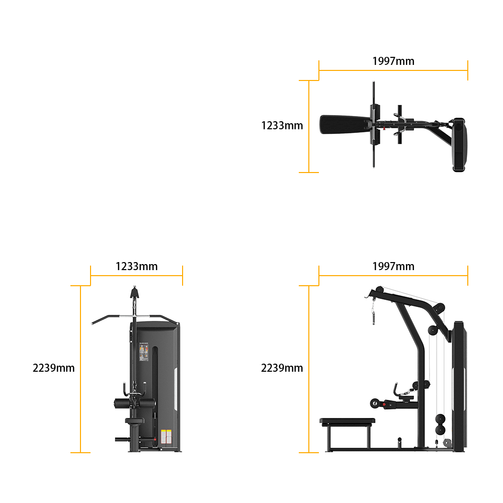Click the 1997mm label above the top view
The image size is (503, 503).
(x=393, y=61)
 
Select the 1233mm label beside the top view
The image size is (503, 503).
(x=282, y=125)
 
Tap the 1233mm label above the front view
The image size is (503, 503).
(x=137, y=266)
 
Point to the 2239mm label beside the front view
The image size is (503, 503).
(x=54, y=368)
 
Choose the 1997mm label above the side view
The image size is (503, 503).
(x=393, y=266)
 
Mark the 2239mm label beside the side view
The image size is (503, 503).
(x=282, y=368)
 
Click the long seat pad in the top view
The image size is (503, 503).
(x=345, y=124)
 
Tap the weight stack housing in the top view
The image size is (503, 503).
(x=459, y=145)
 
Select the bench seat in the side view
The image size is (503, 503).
(x=348, y=421)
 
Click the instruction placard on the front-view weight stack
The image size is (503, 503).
(x=144, y=352)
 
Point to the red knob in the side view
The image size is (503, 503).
(x=384, y=404)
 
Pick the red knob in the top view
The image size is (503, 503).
(x=384, y=129)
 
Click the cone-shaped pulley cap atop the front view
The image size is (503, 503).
(x=134, y=292)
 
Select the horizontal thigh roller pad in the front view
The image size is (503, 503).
(x=135, y=403)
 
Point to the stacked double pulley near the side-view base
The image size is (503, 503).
(x=440, y=425)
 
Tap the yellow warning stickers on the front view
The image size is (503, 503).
(x=166, y=437)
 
